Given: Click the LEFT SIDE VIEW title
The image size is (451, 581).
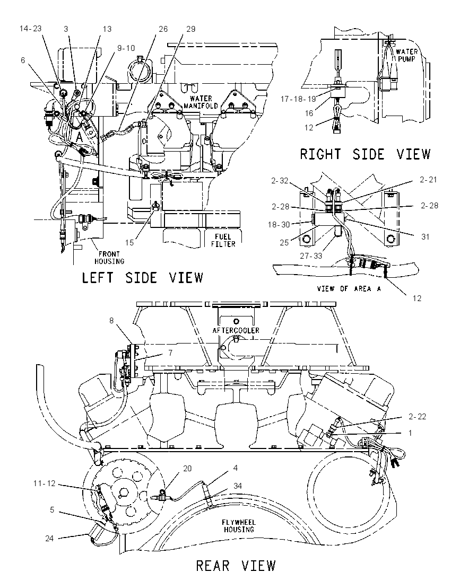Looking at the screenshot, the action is (142, 277).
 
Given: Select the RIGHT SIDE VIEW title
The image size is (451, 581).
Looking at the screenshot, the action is (366, 154).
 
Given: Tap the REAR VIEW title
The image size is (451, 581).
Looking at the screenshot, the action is (236, 566).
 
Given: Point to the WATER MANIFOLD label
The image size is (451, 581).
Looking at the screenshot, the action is (201, 102).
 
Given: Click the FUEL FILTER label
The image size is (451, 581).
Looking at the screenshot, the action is (224, 241).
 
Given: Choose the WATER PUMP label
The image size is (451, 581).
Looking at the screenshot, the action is (406, 55).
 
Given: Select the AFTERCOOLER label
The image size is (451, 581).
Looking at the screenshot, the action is (236, 330).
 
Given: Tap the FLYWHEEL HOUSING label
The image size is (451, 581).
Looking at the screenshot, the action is (239, 526).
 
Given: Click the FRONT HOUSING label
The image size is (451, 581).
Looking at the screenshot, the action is (109, 258).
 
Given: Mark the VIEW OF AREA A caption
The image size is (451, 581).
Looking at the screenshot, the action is (349, 288).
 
